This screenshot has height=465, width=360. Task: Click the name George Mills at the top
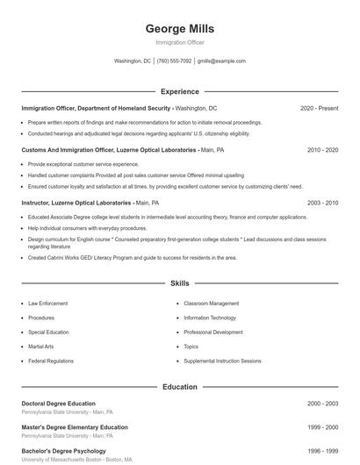point(179,28)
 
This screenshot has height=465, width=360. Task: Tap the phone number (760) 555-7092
point(174,61)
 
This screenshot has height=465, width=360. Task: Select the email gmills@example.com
point(221,61)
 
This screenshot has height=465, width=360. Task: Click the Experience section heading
point(179,91)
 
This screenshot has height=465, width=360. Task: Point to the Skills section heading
point(179,283)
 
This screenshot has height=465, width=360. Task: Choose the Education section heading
point(179,387)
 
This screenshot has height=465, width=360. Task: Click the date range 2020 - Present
point(319,108)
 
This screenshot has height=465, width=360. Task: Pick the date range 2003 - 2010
point(322,203)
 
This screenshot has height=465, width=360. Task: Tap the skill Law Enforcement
point(47,304)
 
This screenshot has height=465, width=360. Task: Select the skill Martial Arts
point(40,347)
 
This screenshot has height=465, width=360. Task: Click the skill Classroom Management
point(211,304)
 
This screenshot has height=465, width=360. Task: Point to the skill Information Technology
point(210,318)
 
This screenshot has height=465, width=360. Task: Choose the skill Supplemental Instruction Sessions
point(222,361)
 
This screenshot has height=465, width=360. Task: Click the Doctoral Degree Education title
point(58,404)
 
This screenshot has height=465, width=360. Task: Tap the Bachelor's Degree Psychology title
point(63,451)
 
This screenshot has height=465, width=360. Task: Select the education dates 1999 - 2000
point(322,427)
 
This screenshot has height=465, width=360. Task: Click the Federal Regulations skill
point(51,361)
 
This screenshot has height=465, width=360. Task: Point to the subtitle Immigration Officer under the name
point(179,42)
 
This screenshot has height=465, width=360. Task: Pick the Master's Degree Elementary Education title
point(75,427)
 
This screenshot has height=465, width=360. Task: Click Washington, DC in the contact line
point(133,61)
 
